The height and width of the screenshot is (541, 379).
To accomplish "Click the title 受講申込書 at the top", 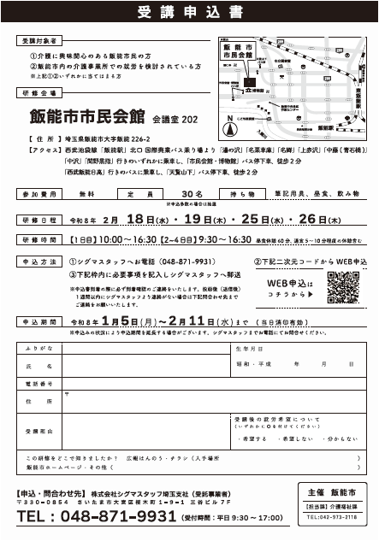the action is tap(189, 12).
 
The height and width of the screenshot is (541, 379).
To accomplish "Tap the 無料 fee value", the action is tap(86, 194).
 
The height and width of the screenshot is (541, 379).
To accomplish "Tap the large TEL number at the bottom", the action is tap(92, 518).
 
